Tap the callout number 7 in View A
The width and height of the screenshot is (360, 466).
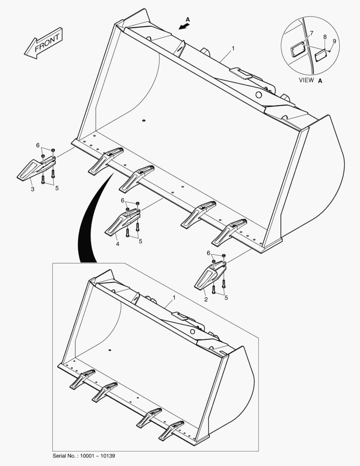(x=312, y=34)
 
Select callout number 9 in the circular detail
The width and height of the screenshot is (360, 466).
(x=334, y=41)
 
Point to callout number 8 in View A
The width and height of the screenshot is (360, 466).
(x=325, y=37)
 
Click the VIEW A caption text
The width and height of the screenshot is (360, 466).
(x=310, y=80)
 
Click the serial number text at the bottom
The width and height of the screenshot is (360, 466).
(x=84, y=456)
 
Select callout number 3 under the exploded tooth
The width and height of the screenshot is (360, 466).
(x=32, y=189)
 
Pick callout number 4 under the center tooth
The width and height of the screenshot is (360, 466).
(x=118, y=244)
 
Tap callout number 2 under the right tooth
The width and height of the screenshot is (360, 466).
(x=206, y=299)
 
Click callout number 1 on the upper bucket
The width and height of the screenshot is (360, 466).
(x=233, y=49)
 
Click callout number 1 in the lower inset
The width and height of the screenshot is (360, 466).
(x=174, y=298)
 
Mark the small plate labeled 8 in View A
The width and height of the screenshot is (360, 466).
(x=321, y=55)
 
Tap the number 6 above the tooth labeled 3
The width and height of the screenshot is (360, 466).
(x=38, y=145)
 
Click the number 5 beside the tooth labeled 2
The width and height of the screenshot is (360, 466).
(x=226, y=298)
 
